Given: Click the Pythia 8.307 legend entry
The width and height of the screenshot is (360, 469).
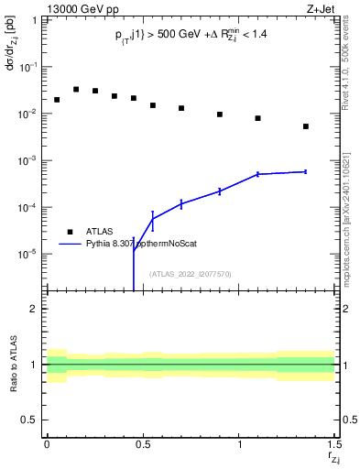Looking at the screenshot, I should [128, 245].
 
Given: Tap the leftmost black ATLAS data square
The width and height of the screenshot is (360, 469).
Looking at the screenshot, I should [57, 100].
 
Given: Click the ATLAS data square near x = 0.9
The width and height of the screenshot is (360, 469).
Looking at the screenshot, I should [220, 115].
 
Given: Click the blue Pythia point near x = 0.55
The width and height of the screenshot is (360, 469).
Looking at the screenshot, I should [153, 219].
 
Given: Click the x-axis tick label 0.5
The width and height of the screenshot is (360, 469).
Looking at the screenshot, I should [143, 444].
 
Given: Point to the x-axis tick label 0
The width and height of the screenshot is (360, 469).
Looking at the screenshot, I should [47, 444].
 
